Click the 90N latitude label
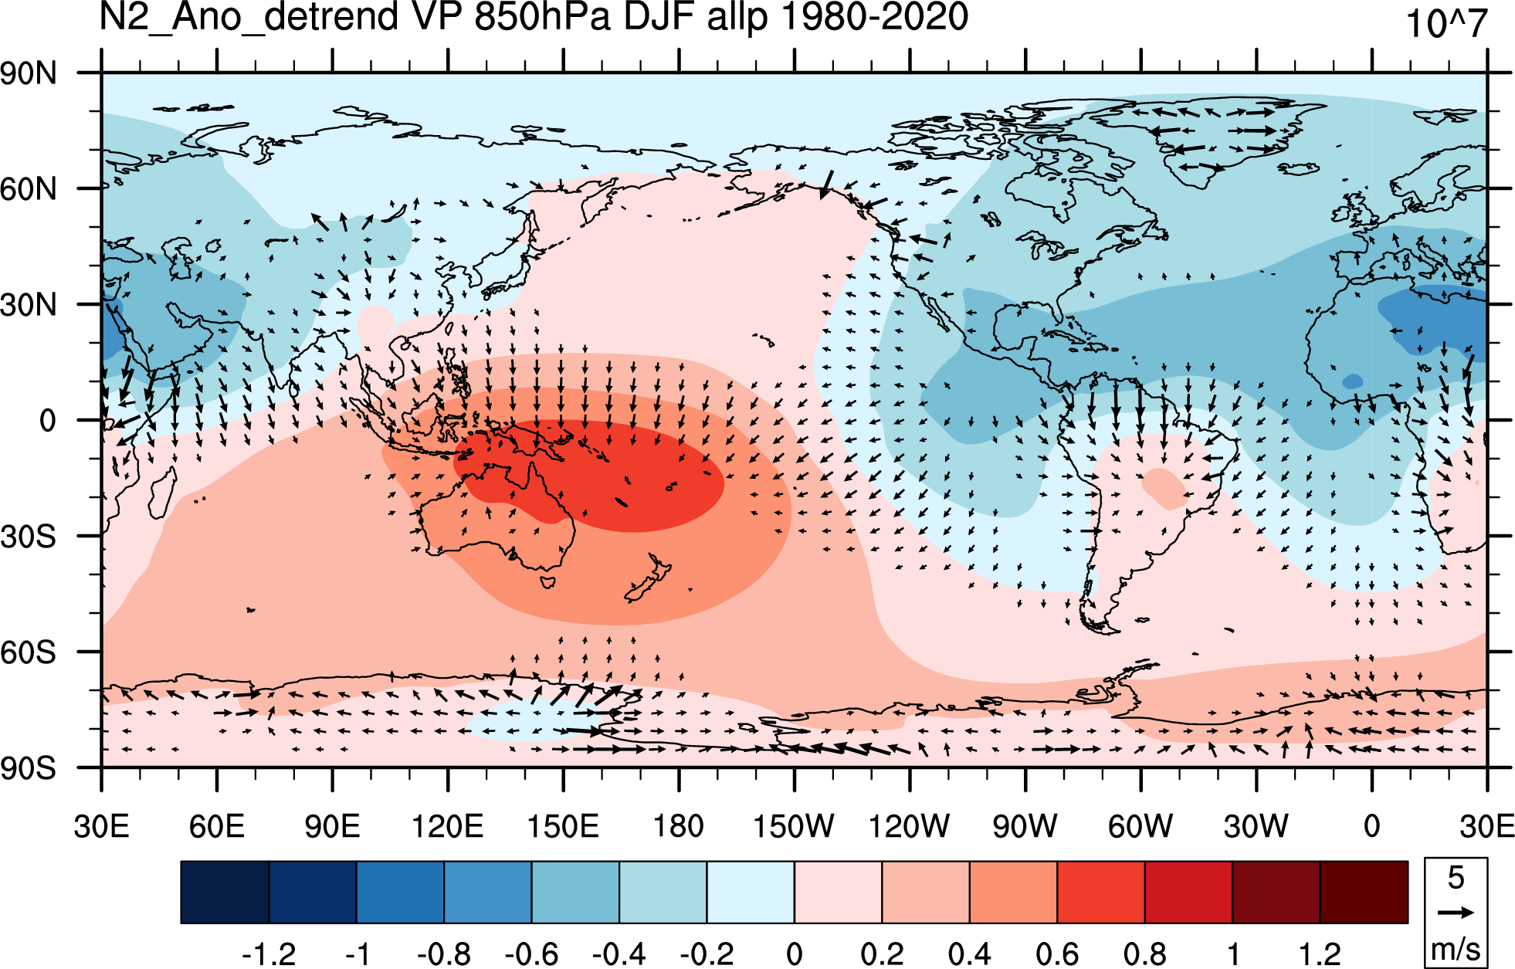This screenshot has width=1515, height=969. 29,74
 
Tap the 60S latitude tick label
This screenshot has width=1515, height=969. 29,652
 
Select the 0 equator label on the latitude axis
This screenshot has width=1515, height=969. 48,421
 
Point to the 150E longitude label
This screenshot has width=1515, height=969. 563,826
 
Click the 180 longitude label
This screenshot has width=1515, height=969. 679,826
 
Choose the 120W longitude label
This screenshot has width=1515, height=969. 910,826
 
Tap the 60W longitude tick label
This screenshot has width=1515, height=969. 1140,826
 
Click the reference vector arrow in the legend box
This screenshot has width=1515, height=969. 1456,912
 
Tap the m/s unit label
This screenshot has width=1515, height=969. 1456,949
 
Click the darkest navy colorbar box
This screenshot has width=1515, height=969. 225,892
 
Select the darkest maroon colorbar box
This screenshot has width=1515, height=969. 1364,892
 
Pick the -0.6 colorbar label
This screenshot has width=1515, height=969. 531,954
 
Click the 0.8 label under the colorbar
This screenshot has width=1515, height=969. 1145,954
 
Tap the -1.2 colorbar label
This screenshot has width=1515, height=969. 269,954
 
